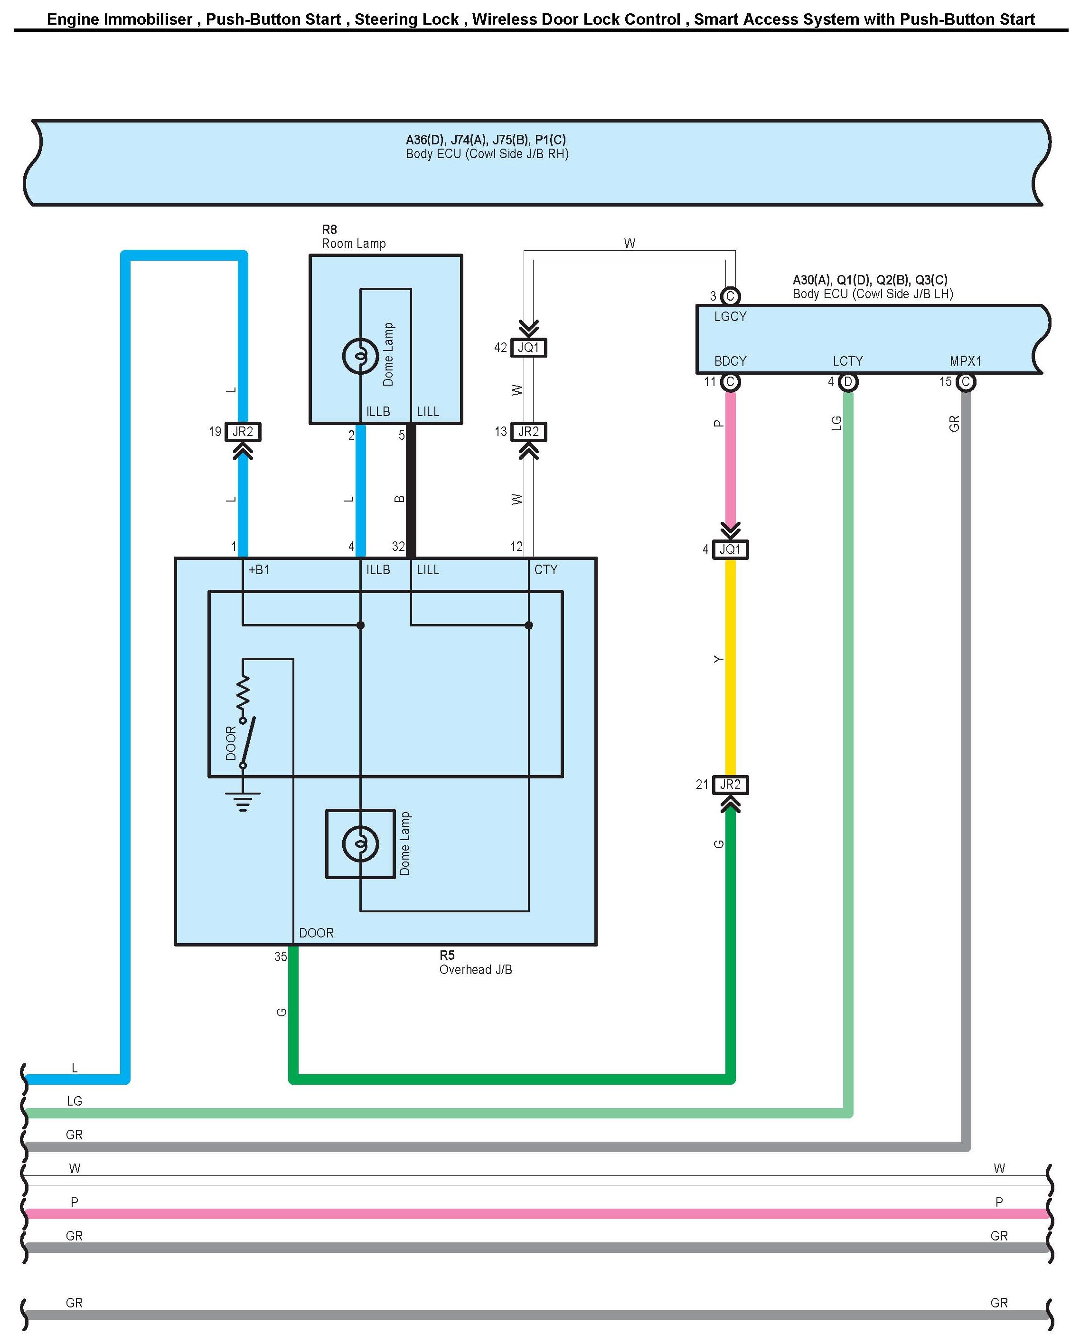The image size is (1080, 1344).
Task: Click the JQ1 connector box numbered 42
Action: click(x=528, y=347)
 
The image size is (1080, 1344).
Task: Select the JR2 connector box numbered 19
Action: click(x=243, y=431)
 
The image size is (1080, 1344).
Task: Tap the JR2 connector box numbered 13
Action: click(x=528, y=431)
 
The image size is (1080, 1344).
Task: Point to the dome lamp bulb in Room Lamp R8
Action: click(x=360, y=356)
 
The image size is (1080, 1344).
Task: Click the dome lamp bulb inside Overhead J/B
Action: click(x=360, y=843)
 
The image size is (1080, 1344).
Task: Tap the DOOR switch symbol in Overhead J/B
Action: click(x=247, y=742)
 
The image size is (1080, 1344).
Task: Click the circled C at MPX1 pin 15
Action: click(x=965, y=381)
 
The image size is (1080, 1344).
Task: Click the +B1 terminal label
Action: click(x=259, y=569)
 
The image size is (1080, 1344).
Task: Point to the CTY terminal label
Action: click(x=545, y=569)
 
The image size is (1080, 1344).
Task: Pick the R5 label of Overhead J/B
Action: click(x=447, y=955)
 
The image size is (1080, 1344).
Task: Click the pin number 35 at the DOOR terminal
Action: click(x=281, y=956)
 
